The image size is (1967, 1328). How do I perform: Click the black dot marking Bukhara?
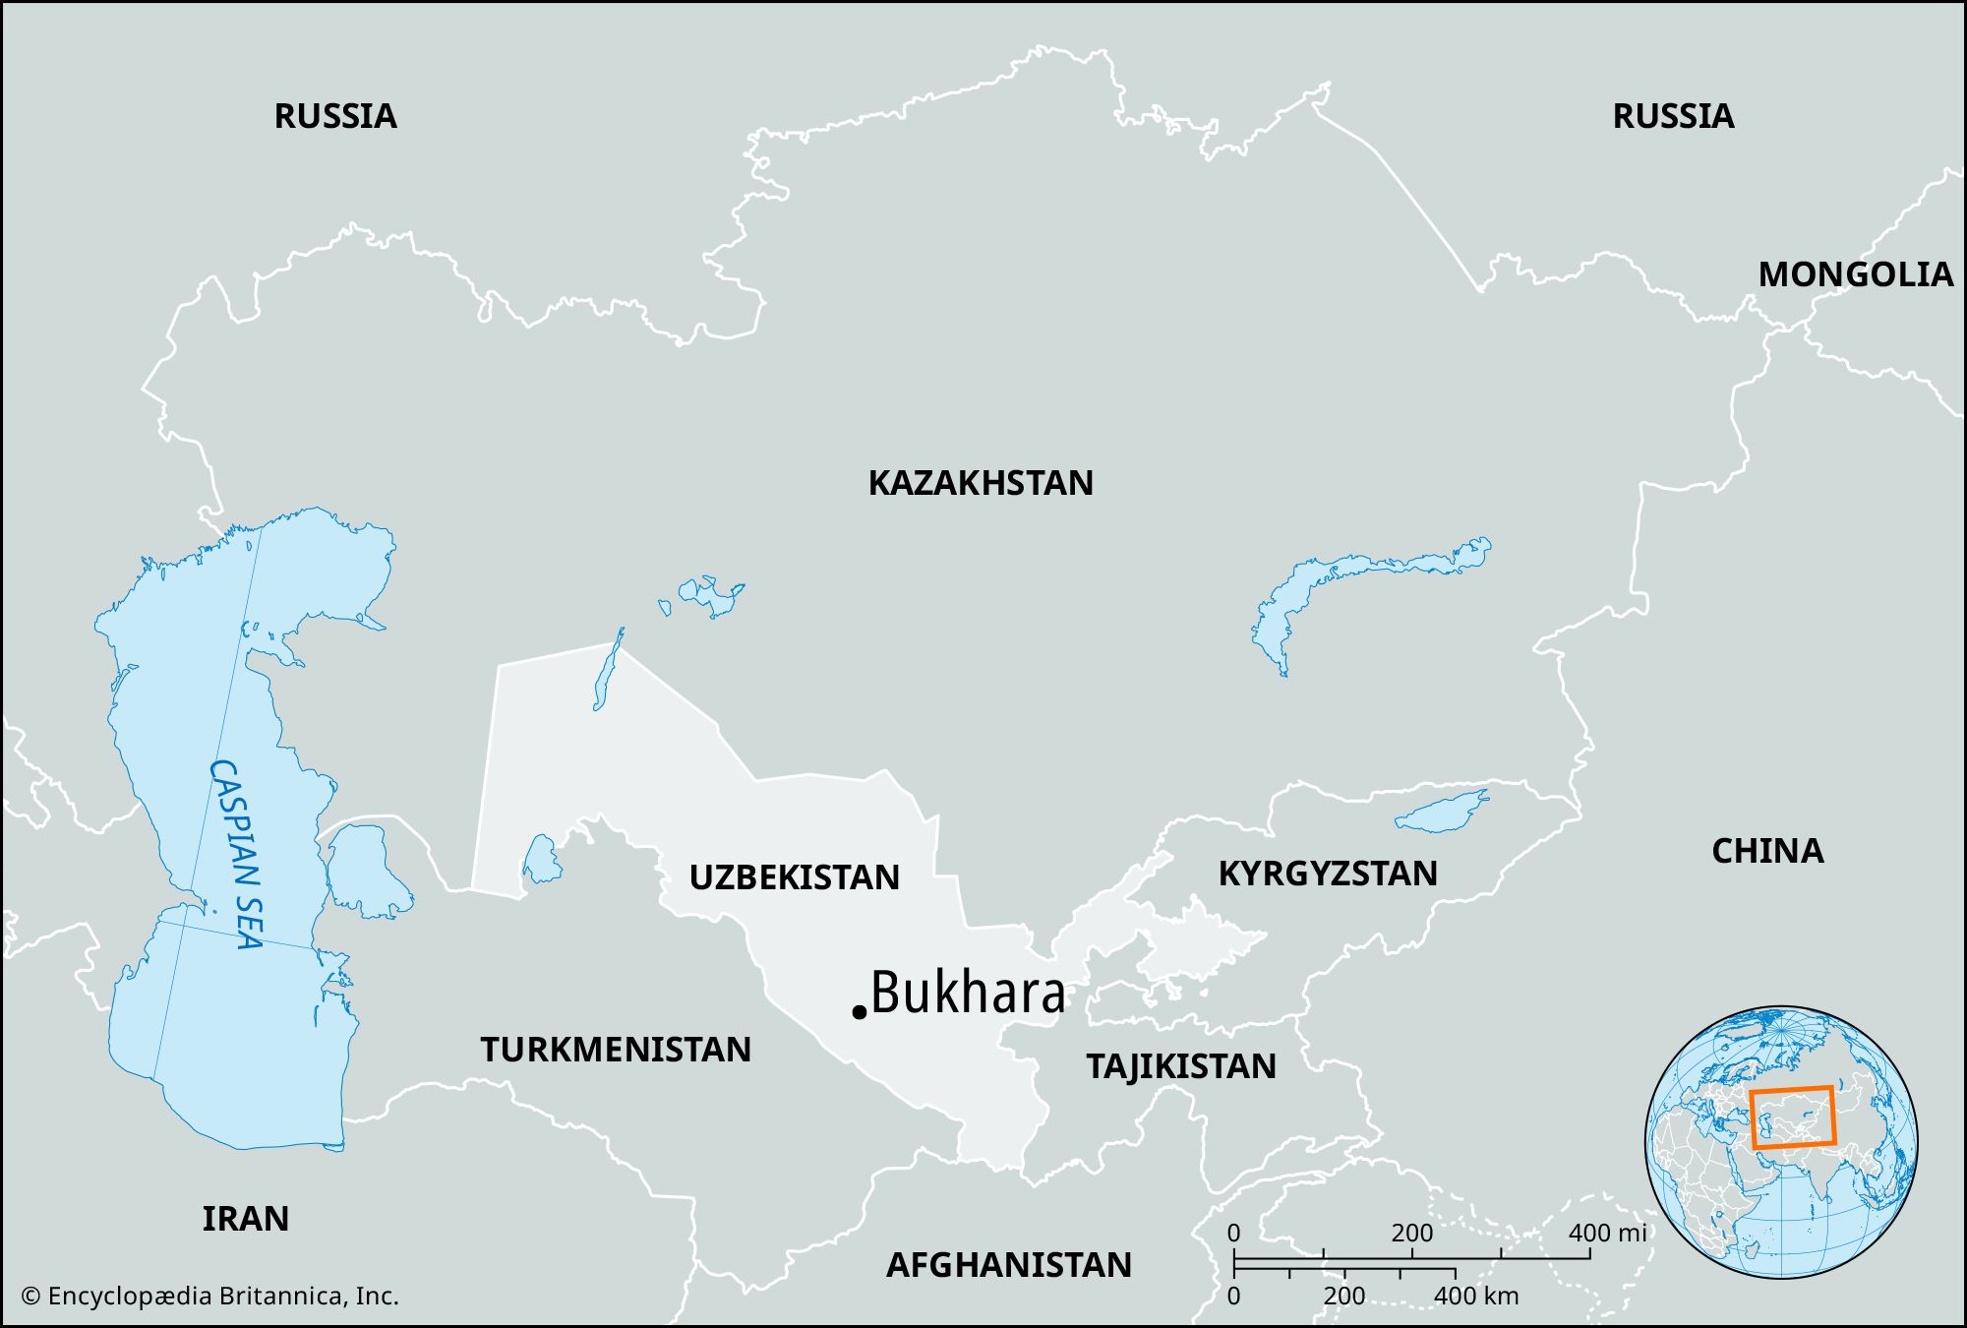[x=859, y=1011]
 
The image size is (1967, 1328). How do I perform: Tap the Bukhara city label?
[x=968, y=993]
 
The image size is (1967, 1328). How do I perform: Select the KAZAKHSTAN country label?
[x=980, y=483]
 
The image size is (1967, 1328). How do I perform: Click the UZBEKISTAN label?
[x=794, y=877]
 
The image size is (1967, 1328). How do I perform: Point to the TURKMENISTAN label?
[x=616, y=1050]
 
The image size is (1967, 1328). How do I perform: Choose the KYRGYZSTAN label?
[x=1328, y=874]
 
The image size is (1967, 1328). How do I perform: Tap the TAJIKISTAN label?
[x=1181, y=1066]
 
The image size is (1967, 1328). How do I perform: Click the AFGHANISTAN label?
[x=1009, y=1265]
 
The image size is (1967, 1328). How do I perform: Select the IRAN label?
[x=246, y=1219]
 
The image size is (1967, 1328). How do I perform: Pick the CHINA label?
[x=1767, y=851]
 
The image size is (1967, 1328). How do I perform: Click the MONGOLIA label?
[x=1855, y=274]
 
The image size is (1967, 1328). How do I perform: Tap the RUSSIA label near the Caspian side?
[x=335, y=116]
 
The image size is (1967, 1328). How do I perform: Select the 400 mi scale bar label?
[x=1606, y=1233]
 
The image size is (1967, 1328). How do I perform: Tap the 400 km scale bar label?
[x=1475, y=1296]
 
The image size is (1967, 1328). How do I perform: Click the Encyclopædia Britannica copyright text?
[x=209, y=1296]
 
